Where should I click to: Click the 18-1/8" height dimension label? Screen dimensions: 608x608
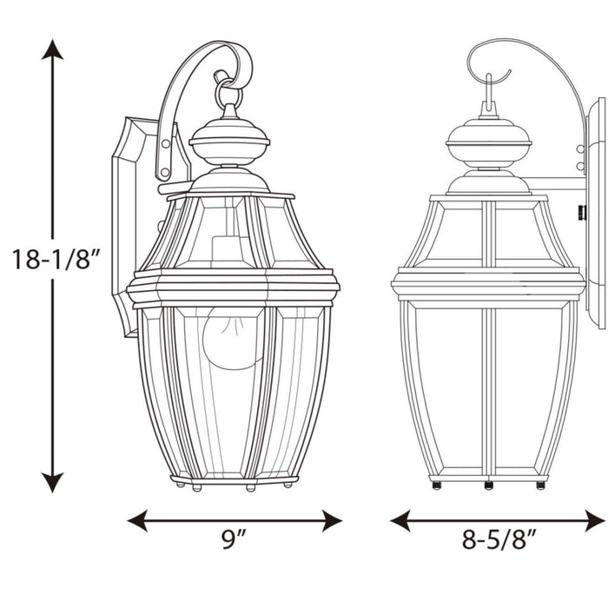tap(58, 259)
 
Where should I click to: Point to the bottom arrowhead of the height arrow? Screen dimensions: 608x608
tap(53, 483)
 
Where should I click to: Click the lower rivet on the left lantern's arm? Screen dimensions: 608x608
tap(164, 171)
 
